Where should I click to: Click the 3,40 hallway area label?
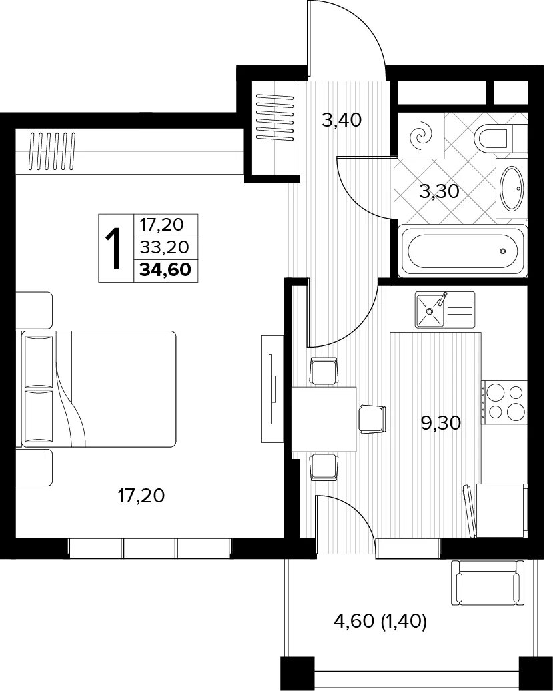(342, 120)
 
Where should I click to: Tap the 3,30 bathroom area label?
(440, 191)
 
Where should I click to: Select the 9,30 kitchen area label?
(441, 423)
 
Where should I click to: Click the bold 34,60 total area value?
(165, 269)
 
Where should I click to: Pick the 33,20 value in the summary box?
(164, 247)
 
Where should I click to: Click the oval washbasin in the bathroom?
(512, 189)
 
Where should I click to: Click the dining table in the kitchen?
(324, 419)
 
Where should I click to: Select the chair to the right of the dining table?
(372, 419)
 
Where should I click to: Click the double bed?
(96, 389)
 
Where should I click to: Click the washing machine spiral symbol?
(421, 136)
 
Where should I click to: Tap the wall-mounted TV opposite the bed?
(272, 388)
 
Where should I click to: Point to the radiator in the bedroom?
(52, 151)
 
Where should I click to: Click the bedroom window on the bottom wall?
(150, 548)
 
